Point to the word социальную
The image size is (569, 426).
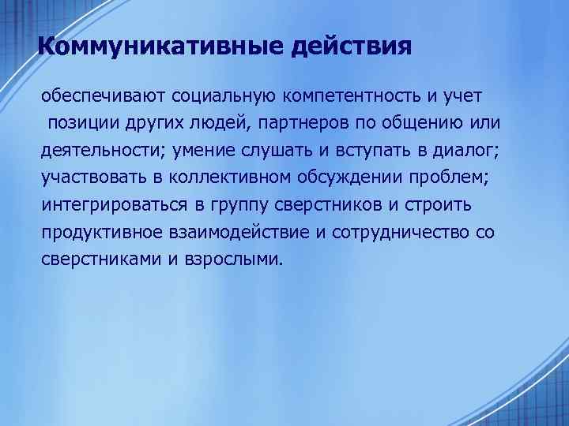(x=213, y=96)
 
